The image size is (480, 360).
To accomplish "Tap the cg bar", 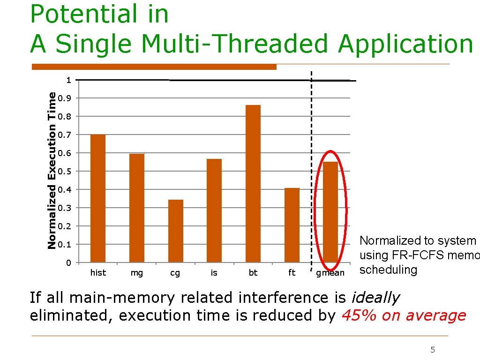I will (x=176, y=231).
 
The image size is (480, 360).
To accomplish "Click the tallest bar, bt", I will (x=253, y=183).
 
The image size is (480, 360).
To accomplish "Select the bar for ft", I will (x=292, y=225).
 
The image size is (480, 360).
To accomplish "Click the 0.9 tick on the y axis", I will (x=68, y=98).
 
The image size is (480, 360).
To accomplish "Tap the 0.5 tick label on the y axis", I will (x=68, y=172).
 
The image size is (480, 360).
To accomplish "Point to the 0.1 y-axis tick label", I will (x=68, y=245).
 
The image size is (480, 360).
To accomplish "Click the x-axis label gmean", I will (x=330, y=273).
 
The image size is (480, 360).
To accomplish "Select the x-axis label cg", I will (x=175, y=273).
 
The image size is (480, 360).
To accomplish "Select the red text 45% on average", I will (x=404, y=315).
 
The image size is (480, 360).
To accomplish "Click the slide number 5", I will (x=433, y=350).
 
